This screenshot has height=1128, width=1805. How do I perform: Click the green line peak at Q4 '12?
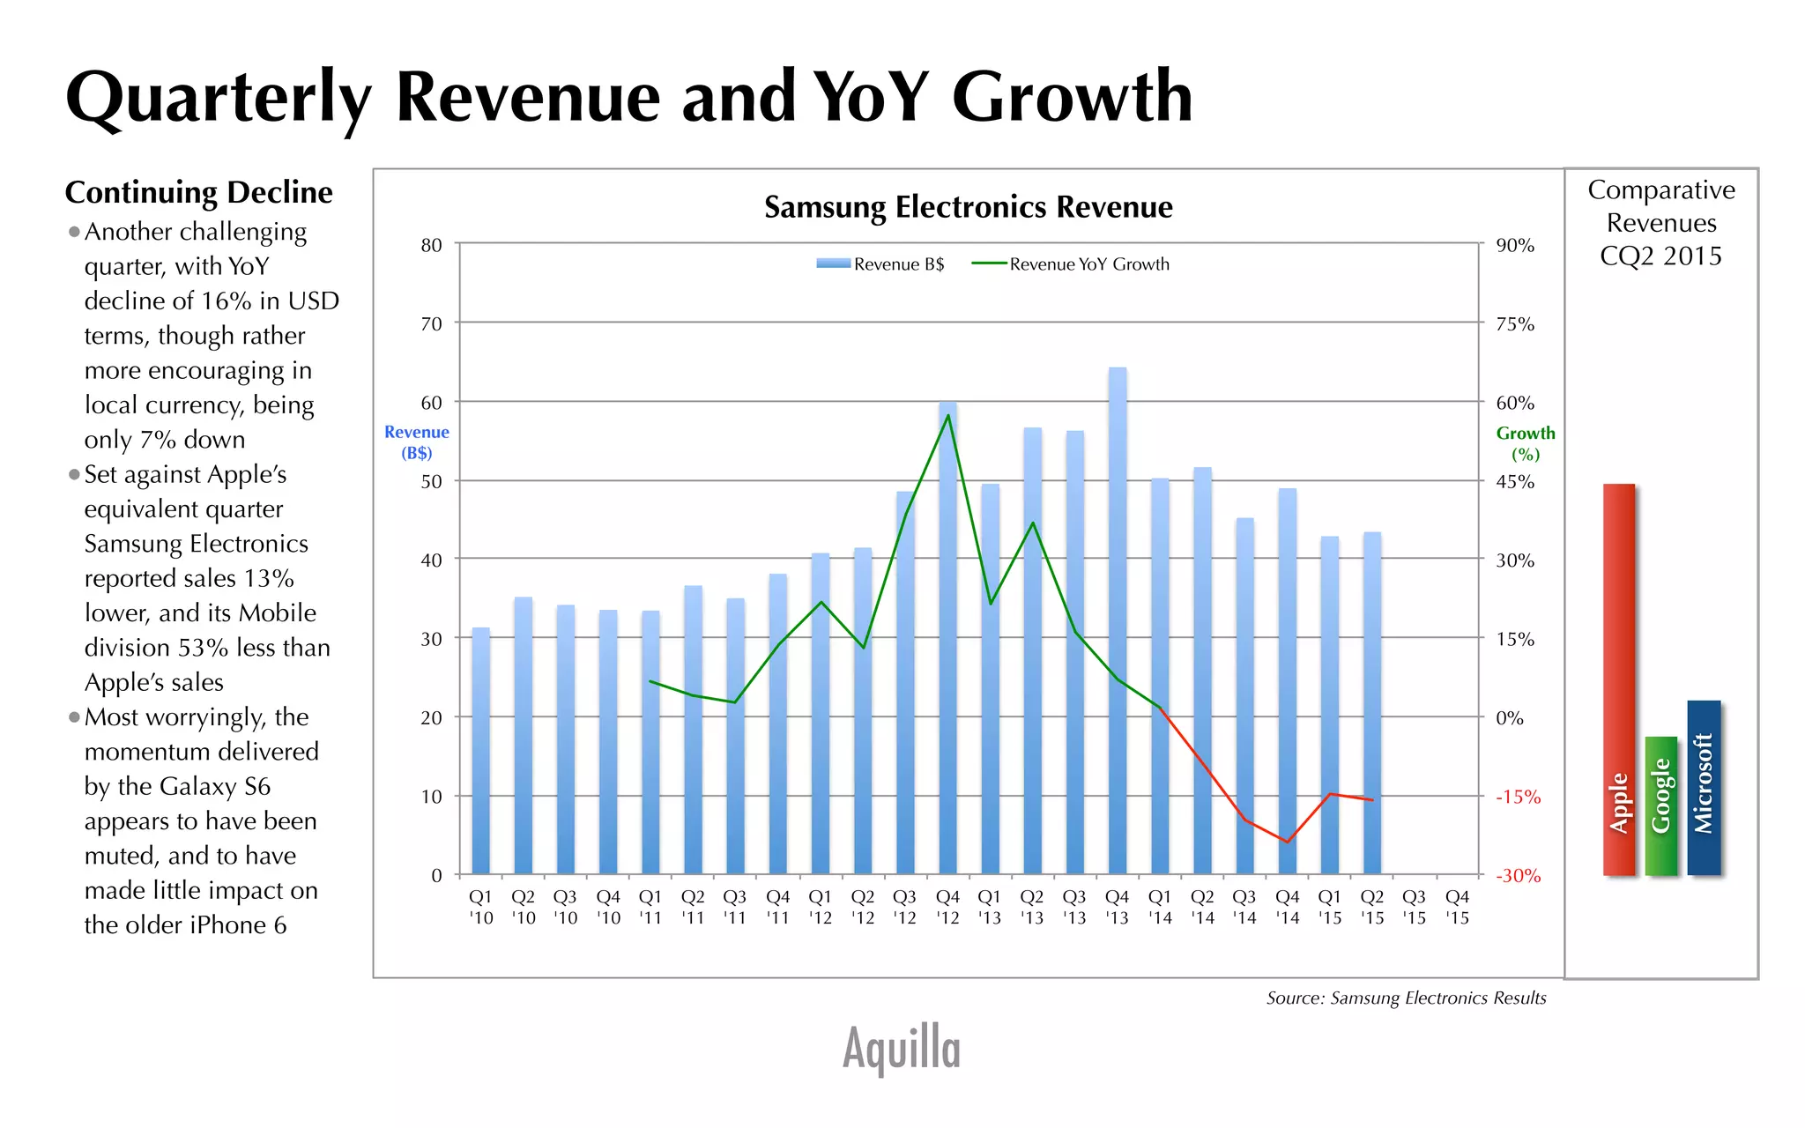coord(947,415)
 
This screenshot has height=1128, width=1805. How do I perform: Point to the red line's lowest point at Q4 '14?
coord(1287,842)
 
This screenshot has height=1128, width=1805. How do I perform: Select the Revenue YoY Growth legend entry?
coord(1071,264)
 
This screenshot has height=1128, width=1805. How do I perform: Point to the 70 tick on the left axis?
coord(431,324)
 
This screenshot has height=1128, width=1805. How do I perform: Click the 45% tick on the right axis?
coord(1515,482)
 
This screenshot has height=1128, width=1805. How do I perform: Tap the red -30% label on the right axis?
coord(1518,876)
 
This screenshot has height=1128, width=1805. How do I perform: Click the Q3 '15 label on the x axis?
coord(1414,907)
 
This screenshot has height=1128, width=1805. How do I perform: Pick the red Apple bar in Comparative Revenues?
coord(1618,679)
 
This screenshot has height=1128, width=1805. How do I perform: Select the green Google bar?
coord(1660,805)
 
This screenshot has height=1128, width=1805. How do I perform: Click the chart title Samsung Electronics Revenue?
coord(968,207)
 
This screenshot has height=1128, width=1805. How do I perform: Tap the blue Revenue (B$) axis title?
coord(416,442)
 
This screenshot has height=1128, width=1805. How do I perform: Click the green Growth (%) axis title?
coord(1525,443)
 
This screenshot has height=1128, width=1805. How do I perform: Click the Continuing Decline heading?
coord(198,192)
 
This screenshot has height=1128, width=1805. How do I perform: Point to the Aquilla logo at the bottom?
coord(901,1048)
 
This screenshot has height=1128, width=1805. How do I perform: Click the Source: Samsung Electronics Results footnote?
coord(1406,998)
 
